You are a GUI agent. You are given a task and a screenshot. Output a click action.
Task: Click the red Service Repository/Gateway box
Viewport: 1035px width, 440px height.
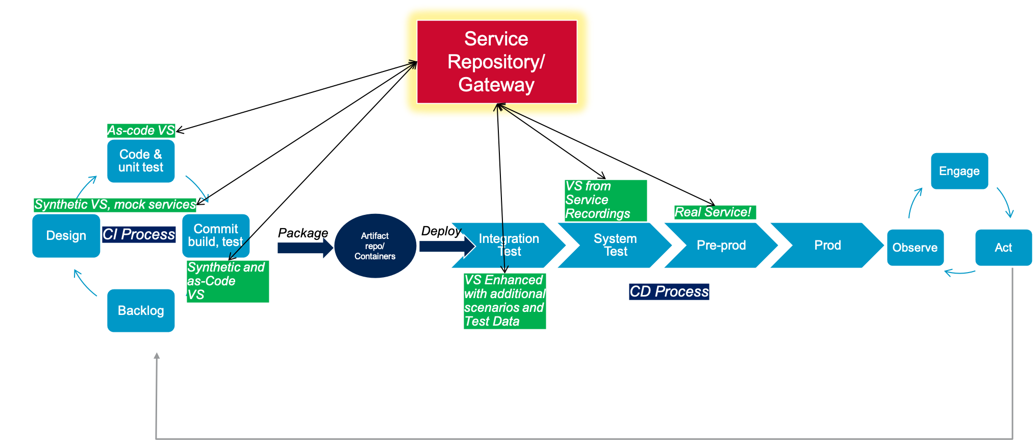(496, 62)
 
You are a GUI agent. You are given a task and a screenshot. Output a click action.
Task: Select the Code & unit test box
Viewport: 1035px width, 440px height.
(141, 161)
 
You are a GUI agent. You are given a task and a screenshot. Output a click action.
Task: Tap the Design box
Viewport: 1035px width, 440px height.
(66, 236)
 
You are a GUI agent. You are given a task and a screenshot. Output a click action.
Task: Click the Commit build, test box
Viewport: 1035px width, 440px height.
(216, 235)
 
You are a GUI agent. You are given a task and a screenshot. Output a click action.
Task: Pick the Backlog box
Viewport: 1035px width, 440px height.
(141, 310)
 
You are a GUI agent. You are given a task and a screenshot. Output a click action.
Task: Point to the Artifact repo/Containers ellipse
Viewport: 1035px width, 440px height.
(375, 246)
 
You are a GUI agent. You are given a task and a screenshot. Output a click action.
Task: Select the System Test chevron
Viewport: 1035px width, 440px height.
(615, 245)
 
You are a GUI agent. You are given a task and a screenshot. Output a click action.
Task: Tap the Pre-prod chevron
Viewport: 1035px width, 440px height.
(721, 245)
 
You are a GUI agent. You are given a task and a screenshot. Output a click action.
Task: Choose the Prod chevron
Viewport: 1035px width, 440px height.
(827, 245)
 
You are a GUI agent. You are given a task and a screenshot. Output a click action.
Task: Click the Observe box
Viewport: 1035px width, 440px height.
(915, 248)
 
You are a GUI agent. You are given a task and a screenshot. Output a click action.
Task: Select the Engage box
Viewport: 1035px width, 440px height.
(959, 171)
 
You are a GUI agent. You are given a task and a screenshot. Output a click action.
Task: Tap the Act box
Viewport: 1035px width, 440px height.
(1003, 248)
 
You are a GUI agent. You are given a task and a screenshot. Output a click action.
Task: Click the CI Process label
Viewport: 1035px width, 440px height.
(139, 234)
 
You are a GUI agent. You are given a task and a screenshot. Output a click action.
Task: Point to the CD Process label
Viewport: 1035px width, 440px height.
(669, 291)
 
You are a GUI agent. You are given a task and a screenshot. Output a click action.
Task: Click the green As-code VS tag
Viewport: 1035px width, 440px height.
(141, 130)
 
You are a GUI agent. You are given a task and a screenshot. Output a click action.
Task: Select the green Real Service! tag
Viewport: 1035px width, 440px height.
(714, 212)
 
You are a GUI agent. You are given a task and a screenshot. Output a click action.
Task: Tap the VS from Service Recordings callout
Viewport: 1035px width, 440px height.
(605, 200)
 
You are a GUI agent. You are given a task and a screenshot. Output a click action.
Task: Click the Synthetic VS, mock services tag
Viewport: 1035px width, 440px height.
(115, 205)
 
